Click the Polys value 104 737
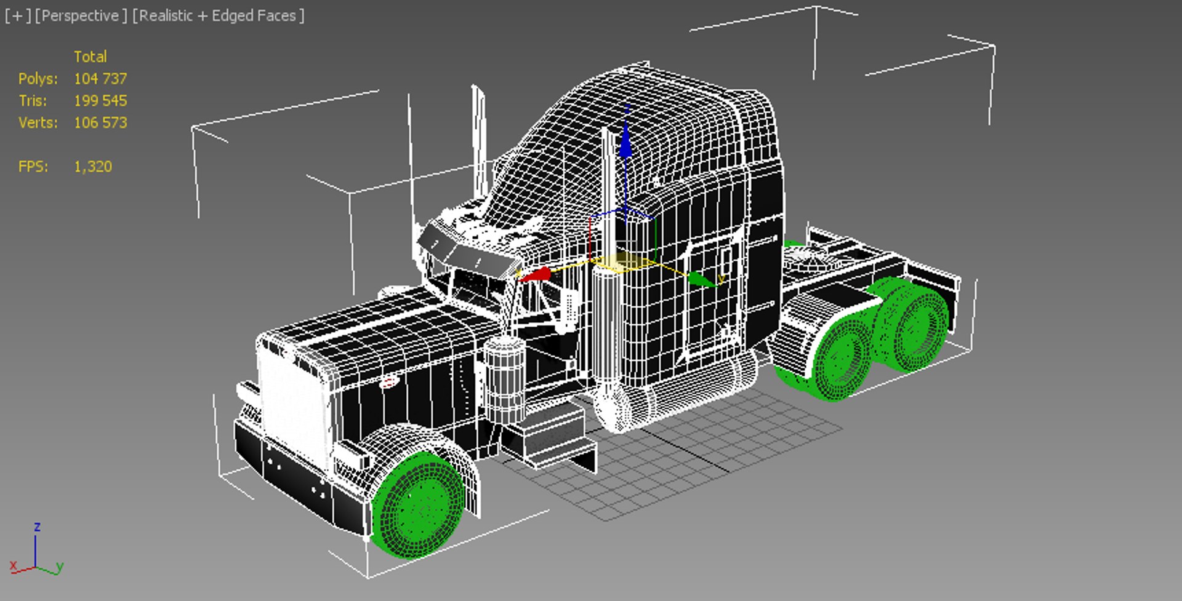[x=100, y=79]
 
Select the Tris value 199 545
[x=100, y=101]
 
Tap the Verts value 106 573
[x=100, y=122]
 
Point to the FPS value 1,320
[x=93, y=167]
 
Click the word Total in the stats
[x=90, y=57]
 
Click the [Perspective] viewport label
[x=81, y=16]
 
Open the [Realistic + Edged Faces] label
[x=219, y=16]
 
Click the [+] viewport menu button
[x=17, y=16]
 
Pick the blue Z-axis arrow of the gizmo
[x=625, y=145]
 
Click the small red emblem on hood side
[x=388, y=383]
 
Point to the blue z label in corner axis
[x=38, y=527]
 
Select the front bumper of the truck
[x=289, y=474]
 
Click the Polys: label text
[x=38, y=79]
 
